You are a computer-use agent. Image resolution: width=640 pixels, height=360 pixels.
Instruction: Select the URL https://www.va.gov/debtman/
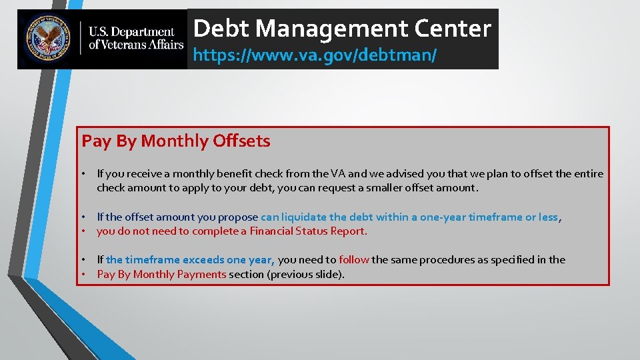(315, 55)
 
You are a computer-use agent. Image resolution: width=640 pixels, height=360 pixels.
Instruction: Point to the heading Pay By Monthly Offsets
(176, 141)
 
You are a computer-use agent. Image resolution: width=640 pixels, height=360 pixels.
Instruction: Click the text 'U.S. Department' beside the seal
(132, 32)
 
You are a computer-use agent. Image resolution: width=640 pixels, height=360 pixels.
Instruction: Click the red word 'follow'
(354, 260)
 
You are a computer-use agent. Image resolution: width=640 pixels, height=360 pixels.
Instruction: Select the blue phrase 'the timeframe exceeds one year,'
(190, 260)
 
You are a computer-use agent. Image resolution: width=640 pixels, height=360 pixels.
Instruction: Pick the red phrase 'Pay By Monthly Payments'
(161, 274)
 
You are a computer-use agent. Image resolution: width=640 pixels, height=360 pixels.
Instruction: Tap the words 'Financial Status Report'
(307, 231)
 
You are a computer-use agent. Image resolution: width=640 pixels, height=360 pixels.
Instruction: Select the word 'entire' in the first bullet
(587, 174)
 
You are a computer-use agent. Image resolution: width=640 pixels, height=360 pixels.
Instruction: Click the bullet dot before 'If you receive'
(85, 174)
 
